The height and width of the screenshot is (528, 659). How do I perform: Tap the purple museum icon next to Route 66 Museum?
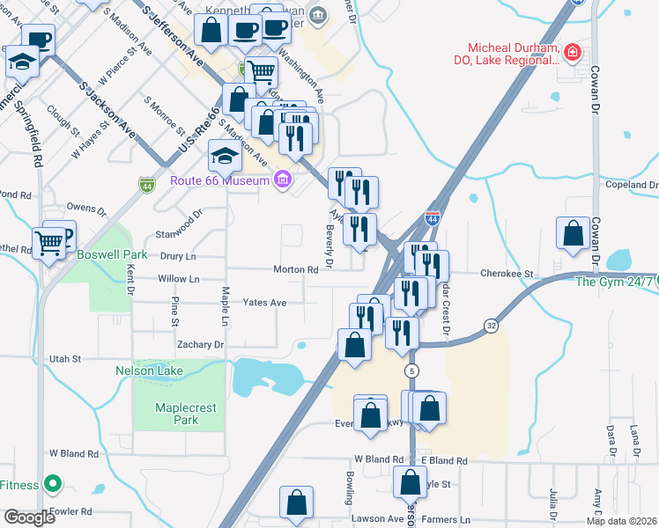[x=282, y=180]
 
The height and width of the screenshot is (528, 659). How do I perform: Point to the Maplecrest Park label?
[x=178, y=414]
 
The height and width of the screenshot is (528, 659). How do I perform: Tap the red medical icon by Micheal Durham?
[x=573, y=54]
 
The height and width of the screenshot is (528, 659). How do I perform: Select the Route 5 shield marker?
[x=411, y=372]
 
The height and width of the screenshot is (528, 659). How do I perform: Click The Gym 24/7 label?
[x=614, y=282]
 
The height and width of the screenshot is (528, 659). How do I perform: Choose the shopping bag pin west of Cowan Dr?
[x=573, y=234]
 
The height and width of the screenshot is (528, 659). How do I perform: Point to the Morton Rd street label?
[x=295, y=269]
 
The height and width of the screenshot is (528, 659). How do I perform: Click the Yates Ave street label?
[x=264, y=302]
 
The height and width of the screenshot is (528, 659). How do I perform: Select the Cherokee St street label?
[x=507, y=274]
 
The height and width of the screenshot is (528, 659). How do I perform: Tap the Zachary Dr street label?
[x=200, y=344]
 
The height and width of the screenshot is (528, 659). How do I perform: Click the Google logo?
[x=28, y=517]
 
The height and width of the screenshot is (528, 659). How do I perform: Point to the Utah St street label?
[x=64, y=359]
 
